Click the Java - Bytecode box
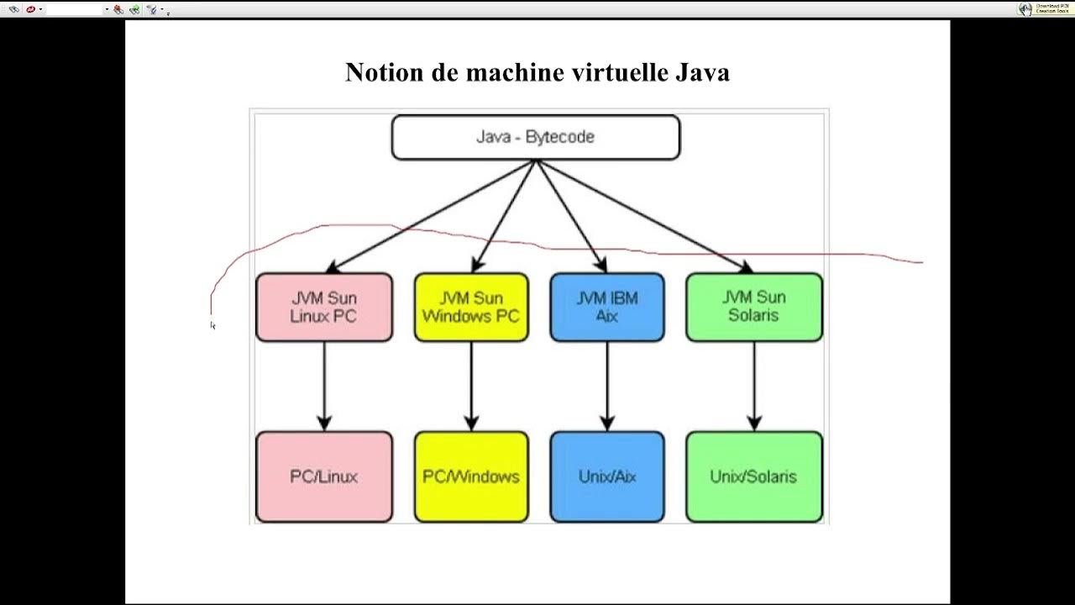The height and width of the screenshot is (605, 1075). (536, 137)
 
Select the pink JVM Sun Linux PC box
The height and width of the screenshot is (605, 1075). (324, 308)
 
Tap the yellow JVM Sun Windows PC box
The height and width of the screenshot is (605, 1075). (471, 308)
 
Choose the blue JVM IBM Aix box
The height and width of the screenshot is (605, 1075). (607, 308)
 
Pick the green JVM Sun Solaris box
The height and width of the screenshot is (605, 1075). (754, 308)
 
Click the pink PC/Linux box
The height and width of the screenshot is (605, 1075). (324, 476)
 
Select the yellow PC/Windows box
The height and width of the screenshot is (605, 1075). (471, 476)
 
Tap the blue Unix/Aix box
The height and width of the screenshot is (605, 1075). (607, 476)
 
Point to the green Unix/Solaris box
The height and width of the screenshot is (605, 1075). (754, 476)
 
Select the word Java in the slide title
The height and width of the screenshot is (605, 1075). (702, 72)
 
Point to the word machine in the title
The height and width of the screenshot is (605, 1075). (515, 72)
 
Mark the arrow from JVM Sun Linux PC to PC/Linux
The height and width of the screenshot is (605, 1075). (324, 387)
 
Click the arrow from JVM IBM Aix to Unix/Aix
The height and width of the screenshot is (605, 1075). (607, 387)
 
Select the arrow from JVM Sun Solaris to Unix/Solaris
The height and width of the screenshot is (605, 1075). (754, 387)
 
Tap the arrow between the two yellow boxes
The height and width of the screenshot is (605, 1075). (471, 387)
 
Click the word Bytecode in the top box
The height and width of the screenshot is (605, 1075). (560, 137)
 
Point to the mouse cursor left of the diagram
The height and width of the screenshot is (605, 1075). (213, 325)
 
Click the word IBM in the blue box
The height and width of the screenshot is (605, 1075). (624, 298)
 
